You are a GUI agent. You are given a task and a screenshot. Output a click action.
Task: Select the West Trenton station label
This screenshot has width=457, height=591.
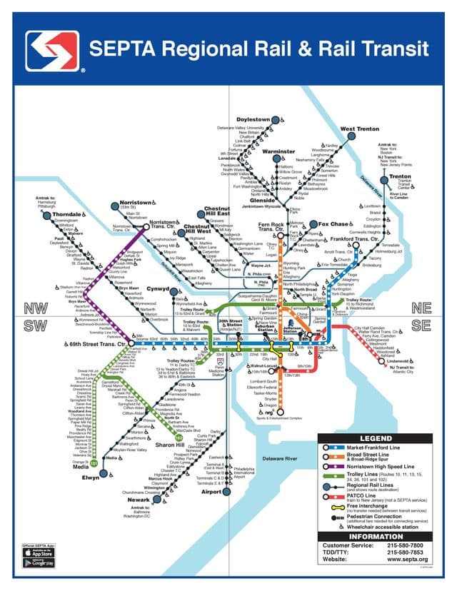pos(359,129)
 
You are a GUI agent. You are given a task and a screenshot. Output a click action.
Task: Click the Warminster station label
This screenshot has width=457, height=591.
pos(278,152)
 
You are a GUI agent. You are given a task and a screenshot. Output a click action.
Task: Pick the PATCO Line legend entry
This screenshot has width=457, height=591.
pos(379,497)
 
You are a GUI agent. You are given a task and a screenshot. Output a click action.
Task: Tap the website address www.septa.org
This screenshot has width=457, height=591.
pos(408,559)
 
